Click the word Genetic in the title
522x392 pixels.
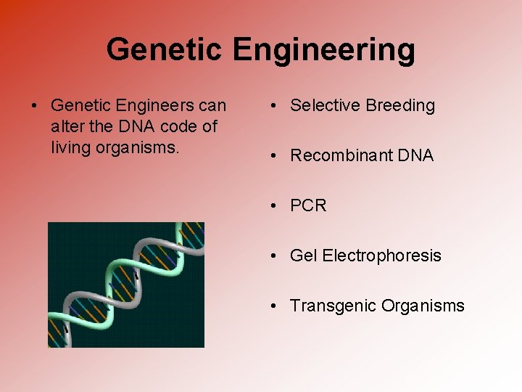click(165, 50)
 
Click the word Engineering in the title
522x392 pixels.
click(324, 50)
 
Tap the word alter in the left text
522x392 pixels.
click(67, 126)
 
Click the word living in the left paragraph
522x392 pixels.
click(71, 147)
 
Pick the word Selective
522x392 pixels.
click(324, 106)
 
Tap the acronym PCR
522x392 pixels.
click(308, 205)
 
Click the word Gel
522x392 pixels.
click(304, 256)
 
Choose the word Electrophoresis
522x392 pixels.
click(382, 256)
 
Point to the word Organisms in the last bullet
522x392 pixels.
click(420, 306)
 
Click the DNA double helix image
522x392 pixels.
click(126, 285)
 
